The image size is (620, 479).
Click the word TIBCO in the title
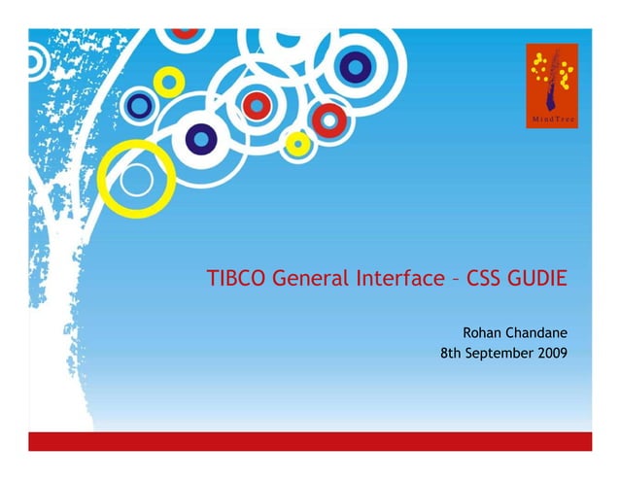236,280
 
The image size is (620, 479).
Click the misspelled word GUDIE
537,280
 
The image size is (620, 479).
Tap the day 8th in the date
451,353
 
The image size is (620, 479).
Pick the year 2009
551,353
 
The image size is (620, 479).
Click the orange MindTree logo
551,85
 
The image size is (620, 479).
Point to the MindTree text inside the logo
551,119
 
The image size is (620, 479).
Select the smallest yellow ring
298,145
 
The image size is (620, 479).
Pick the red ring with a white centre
331,120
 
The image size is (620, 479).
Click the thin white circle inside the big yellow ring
136,180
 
